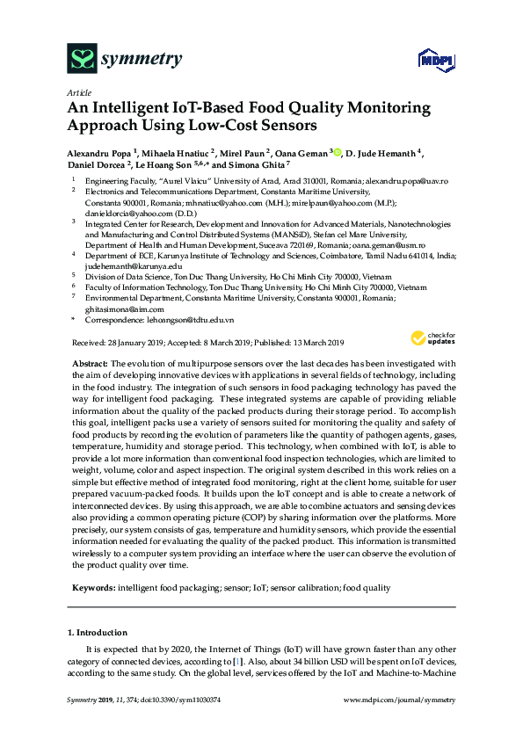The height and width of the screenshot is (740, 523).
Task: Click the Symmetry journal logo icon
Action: click(x=82, y=59)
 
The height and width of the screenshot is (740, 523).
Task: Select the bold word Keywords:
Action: click(x=93, y=587)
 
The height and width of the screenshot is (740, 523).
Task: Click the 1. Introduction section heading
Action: click(x=98, y=633)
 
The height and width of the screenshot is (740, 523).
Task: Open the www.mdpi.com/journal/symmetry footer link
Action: click(x=400, y=700)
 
